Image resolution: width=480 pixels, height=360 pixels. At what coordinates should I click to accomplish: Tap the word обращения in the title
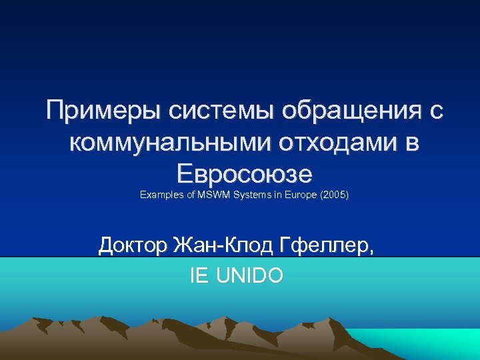339,111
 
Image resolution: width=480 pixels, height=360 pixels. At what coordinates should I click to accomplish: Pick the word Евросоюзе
245,173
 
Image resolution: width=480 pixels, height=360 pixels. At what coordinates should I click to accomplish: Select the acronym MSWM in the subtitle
212,196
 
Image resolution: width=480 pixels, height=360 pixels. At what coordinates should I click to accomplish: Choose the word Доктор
133,246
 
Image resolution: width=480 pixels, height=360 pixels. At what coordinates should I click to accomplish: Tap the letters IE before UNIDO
199,275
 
